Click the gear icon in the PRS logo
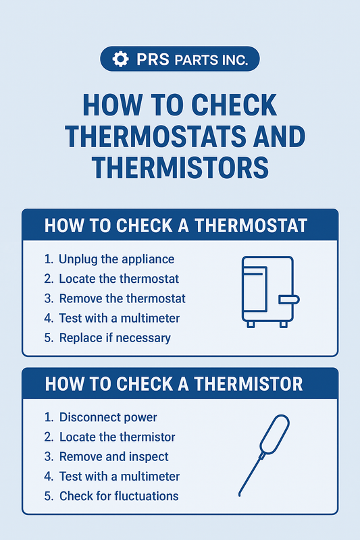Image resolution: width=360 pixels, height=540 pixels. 121,59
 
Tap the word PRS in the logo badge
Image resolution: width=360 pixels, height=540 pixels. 153,59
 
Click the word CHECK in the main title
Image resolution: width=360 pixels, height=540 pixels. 234,105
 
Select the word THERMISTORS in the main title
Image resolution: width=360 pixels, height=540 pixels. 180,167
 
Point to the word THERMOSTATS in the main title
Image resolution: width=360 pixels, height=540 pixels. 155,136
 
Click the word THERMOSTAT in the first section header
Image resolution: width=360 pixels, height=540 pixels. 251,226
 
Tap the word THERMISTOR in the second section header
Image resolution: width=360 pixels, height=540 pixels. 248,384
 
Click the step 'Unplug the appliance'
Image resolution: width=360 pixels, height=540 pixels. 116,259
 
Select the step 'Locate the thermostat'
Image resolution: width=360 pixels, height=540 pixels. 119,279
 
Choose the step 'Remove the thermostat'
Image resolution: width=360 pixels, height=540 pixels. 122,298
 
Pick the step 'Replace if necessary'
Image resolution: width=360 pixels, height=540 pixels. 115,338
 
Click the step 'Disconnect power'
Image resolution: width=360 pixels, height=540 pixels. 108,417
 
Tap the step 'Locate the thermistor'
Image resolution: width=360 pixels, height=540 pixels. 117,437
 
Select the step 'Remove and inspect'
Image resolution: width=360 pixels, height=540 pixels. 113,457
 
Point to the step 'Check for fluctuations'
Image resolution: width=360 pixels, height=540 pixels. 119,496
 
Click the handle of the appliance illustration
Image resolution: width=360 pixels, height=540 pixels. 289,299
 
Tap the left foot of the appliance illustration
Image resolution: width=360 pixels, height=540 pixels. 251,324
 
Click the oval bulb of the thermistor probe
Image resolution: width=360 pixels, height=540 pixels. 275,434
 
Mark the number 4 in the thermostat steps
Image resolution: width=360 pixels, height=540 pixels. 48,318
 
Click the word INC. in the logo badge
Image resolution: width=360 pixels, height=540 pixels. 233,60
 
